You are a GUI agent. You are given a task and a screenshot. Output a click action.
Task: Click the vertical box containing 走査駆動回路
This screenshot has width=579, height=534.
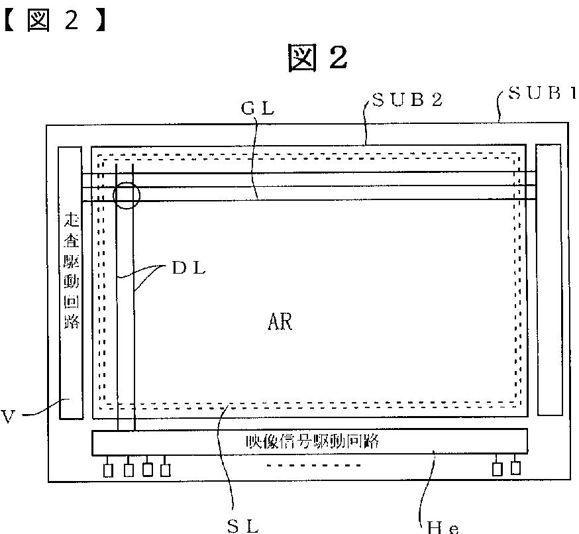tap(70, 283)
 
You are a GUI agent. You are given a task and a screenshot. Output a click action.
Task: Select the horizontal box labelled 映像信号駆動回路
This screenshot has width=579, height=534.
tap(309, 442)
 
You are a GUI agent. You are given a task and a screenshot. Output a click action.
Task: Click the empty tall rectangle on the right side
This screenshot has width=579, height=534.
tap(549, 280)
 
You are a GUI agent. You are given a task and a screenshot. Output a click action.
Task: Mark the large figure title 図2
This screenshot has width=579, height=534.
tap(317, 58)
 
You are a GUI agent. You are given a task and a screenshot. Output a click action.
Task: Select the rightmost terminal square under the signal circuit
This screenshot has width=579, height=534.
tap(515, 467)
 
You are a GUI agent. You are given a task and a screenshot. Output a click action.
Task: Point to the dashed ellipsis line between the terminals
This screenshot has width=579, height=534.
tap(313, 465)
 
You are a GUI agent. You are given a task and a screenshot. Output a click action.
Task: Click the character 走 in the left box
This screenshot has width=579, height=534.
tap(70, 220)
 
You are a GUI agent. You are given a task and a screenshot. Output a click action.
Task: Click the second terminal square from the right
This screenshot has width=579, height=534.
tap(497, 469)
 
